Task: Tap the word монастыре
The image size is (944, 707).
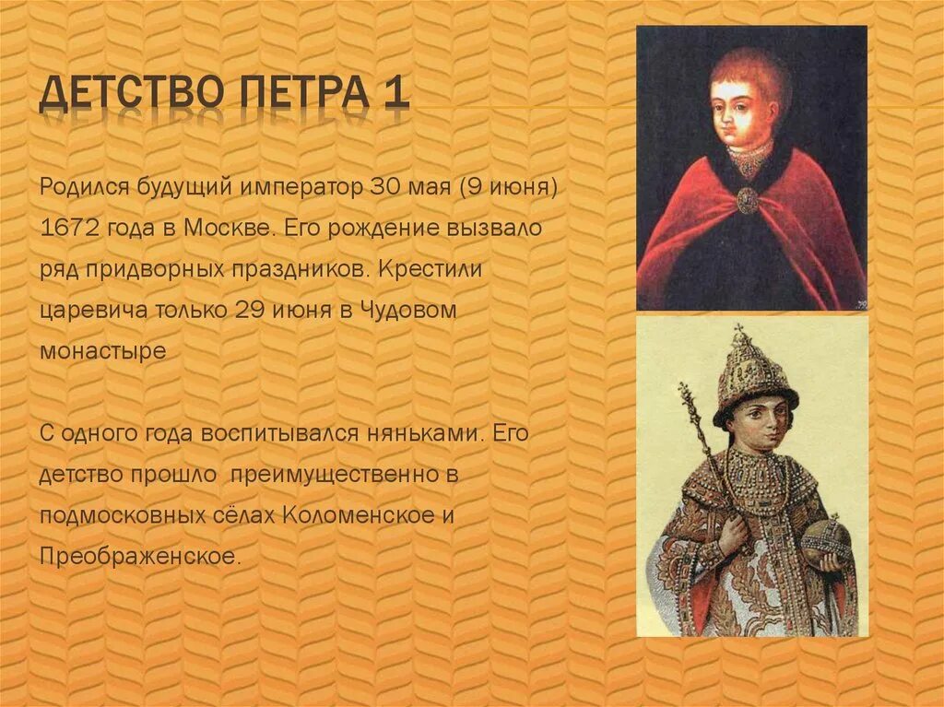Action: point(102,352)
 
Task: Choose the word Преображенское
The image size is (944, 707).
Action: point(139,557)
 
